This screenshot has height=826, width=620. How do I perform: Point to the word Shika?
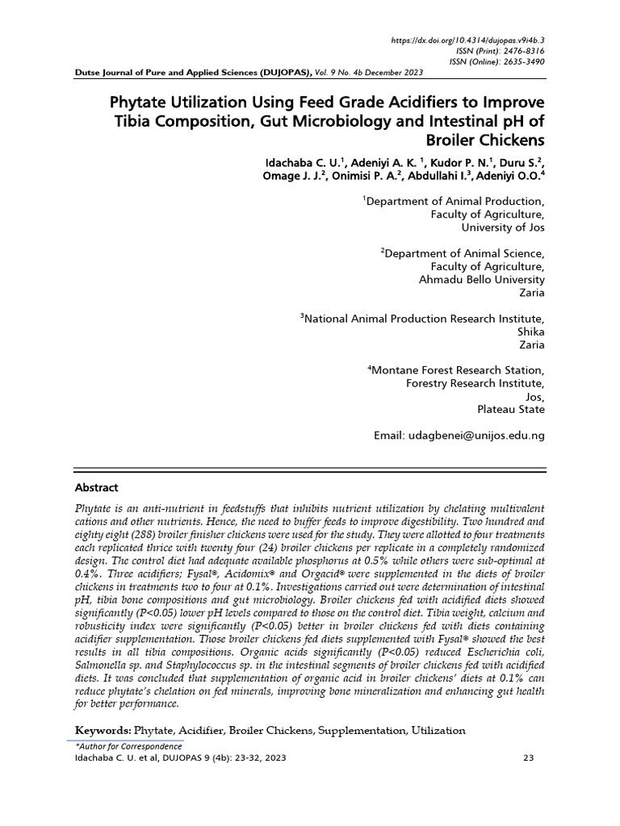[530, 332]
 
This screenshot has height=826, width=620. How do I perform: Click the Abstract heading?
[97, 488]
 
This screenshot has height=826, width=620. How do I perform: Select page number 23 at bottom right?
[530, 759]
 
